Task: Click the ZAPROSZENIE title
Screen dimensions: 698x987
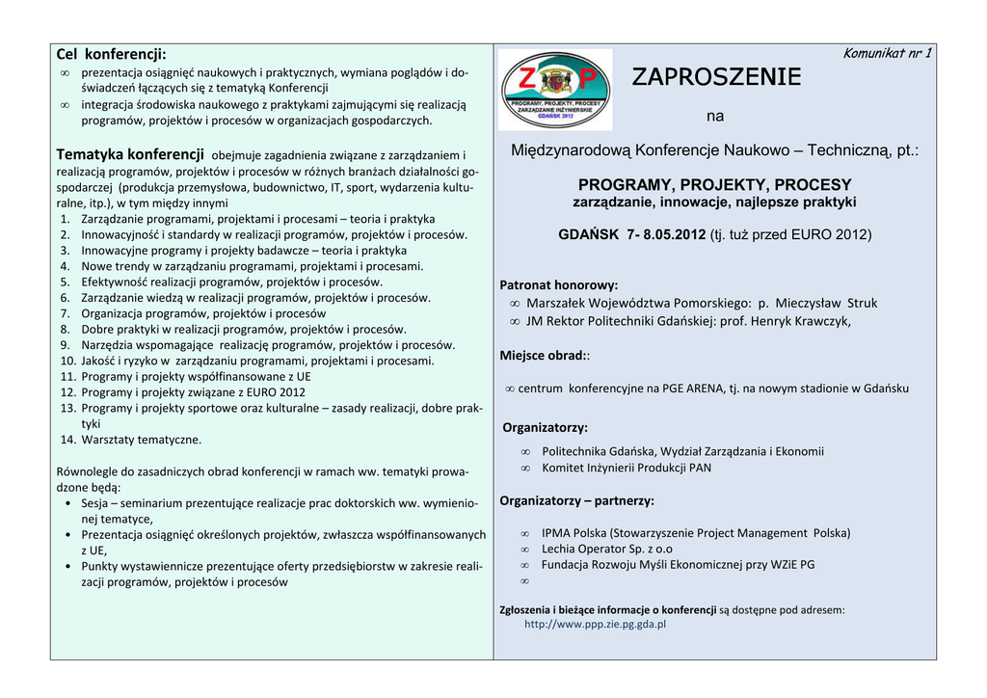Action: (x=716, y=77)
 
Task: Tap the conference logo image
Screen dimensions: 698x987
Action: (x=555, y=90)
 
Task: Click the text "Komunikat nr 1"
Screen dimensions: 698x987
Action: (x=887, y=53)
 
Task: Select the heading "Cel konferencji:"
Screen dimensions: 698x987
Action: (x=111, y=54)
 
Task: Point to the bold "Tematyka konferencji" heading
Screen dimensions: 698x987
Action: (x=130, y=154)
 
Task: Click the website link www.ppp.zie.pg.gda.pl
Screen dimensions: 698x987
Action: (x=595, y=624)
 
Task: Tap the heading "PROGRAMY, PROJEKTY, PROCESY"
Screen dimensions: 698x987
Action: (x=714, y=184)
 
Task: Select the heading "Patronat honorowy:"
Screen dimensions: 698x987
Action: (x=559, y=284)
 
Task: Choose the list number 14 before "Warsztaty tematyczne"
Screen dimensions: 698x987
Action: (x=67, y=440)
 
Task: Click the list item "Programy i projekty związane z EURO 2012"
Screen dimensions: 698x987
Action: (x=193, y=392)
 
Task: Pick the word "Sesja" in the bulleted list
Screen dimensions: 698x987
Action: (x=94, y=503)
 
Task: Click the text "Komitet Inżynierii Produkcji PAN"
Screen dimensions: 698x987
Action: (x=627, y=468)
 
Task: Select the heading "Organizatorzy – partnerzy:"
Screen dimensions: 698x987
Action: (x=576, y=500)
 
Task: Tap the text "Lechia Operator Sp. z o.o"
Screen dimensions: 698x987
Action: (x=607, y=549)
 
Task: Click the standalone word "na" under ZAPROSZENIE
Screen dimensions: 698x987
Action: (x=714, y=117)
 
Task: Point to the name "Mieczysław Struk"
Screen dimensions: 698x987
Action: (x=826, y=303)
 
